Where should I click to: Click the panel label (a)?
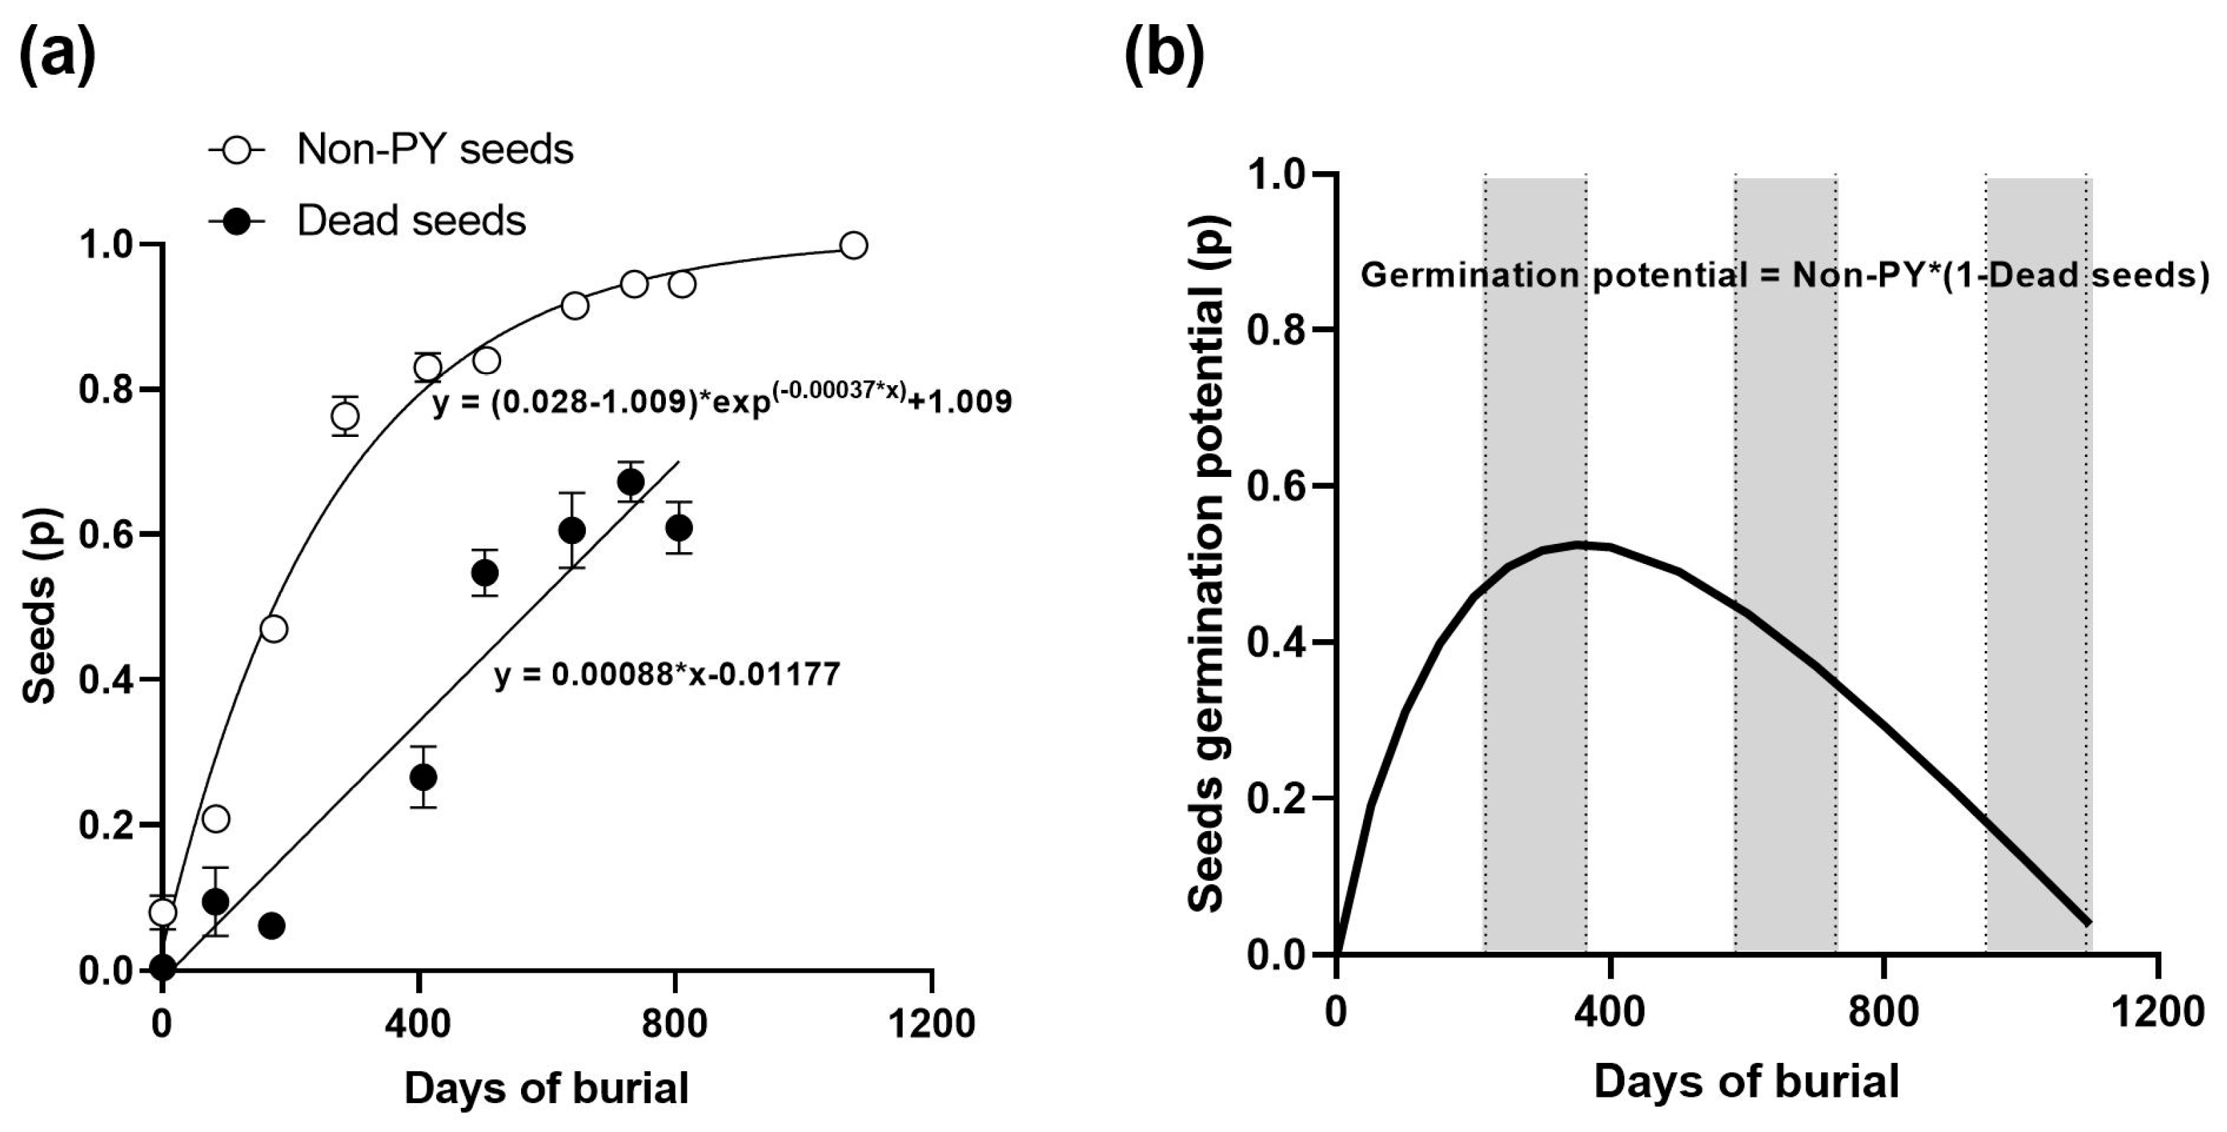click(57, 55)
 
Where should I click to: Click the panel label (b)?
click(1164, 55)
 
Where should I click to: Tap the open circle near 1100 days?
click(853, 246)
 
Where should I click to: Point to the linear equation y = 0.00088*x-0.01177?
click(667, 674)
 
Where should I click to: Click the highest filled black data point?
click(630, 482)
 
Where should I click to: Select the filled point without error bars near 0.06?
click(271, 926)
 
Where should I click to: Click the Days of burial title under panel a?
click(547, 1088)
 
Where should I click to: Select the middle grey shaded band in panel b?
click(1785, 562)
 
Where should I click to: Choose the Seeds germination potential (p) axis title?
click(1208, 562)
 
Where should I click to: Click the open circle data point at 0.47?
click(273, 629)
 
